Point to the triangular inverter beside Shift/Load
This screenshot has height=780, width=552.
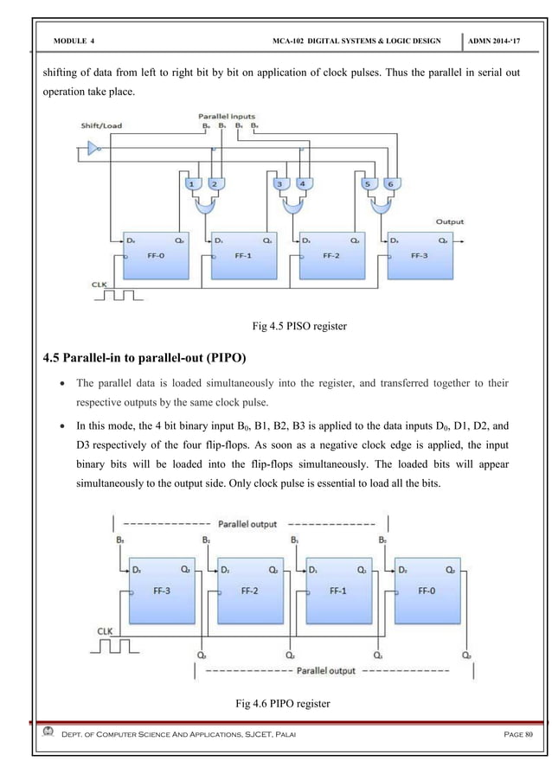(89, 151)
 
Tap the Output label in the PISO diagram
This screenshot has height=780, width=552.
(450, 222)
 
